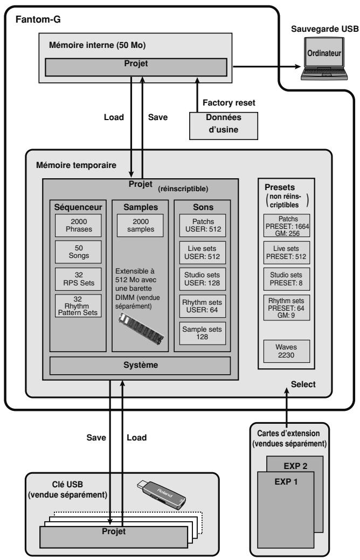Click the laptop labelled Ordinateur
click(324, 58)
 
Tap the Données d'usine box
click(224, 125)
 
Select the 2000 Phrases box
click(78, 226)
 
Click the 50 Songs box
click(78, 252)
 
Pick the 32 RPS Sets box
click(78, 279)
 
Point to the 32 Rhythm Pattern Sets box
click(78, 306)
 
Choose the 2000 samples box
click(140, 226)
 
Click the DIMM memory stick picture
click(141, 328)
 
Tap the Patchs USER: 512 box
click(202, 226)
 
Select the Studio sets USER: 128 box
click(202, 279)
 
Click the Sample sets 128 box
click(202, 333)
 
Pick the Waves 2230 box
click(286, 351)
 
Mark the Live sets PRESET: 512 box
click(286, 253)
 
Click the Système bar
click(140, 366)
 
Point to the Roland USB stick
click(161, 495)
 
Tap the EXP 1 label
click(286, 481)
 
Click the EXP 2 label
click(296, 466)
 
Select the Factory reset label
click(229, 103)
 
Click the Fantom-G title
click(38, 19)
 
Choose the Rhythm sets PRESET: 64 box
click(286, 308)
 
